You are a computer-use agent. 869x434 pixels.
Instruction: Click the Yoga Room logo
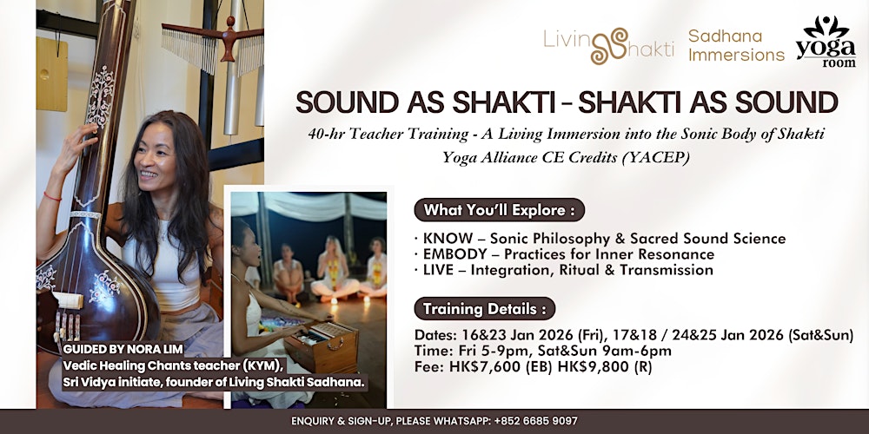coord(826,41)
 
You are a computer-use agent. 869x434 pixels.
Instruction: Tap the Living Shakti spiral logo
coord(607,44)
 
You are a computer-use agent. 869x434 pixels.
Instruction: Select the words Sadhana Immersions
coord(736,45)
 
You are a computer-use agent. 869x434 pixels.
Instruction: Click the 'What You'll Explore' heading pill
coord(498,210)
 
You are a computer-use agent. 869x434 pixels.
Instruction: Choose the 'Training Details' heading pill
coord(488,308)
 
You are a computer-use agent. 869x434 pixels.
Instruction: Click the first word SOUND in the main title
coord(346,102)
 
